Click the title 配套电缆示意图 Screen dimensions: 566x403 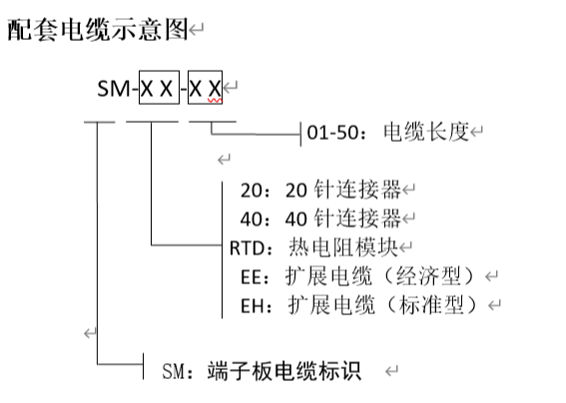[98, 30]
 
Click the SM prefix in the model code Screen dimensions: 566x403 [114, 89]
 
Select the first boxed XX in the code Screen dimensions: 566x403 [159, 88]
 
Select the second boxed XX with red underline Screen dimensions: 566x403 [205, 88]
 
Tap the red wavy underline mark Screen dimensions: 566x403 [215, 101]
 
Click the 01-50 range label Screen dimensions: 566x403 [332, 133]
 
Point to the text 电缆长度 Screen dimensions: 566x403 [426, 132]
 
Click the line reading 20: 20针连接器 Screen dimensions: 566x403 [320, 190]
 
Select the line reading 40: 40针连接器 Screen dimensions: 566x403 [320, 218]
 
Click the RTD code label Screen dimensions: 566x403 [248, 248]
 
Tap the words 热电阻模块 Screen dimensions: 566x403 [343, 247]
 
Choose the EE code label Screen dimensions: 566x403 [252, 277]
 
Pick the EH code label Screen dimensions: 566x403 [252, 306]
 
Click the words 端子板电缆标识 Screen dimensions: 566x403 [284, 371]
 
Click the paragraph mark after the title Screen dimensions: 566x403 [197, 30]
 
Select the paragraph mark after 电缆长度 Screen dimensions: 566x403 [476, 131]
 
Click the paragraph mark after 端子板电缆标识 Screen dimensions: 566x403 [391, 371]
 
